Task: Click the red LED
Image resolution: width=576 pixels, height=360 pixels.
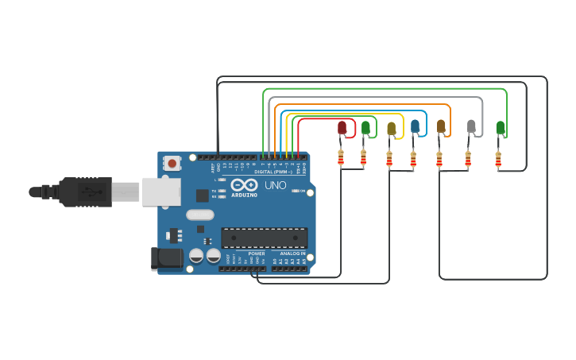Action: point(342,127)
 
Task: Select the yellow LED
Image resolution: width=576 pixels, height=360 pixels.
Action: point(391,128)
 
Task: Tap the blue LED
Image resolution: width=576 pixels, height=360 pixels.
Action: point(415,126)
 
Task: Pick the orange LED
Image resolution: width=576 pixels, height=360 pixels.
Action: point(441,126)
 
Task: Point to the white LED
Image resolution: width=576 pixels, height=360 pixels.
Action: point(471,126)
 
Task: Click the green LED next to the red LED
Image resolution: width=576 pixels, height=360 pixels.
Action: point(365,127)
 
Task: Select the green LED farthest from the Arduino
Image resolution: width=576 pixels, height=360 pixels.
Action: point(500,126)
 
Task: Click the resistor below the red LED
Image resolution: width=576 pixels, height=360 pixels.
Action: point(341,158)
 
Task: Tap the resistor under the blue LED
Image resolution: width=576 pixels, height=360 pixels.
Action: point(413,160)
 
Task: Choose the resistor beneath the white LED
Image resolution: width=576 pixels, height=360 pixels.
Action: point(468,160)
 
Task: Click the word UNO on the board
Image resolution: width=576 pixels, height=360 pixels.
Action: point(275,185)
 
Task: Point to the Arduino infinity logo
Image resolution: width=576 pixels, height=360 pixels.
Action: point(244,184)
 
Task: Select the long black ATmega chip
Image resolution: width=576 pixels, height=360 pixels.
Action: point(264,238)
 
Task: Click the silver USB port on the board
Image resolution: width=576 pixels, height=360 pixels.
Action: point(161,192)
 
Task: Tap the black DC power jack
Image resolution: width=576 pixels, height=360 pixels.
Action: point(164,258)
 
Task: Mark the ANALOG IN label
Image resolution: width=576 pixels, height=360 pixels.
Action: point(292,254)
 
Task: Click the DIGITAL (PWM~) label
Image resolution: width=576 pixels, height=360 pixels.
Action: point(273,172)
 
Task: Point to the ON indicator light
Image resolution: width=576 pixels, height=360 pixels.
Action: point(296,191)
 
